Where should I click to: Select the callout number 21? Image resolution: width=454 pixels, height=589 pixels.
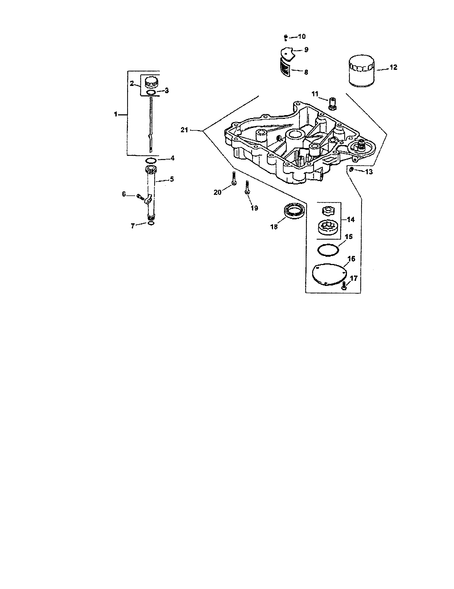(184, 130)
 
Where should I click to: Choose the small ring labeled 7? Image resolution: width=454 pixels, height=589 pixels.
(152, 223)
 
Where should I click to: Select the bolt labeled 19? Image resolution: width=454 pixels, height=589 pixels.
(247, 187)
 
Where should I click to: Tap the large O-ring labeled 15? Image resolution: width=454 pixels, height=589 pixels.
(328, 249)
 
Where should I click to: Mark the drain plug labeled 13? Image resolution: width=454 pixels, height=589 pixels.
(351, 169)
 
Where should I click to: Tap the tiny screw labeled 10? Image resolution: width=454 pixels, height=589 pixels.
(286, 37)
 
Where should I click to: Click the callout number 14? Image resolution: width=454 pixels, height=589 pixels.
(351, 220)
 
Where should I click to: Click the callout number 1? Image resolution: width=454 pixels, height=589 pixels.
(116, 114)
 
